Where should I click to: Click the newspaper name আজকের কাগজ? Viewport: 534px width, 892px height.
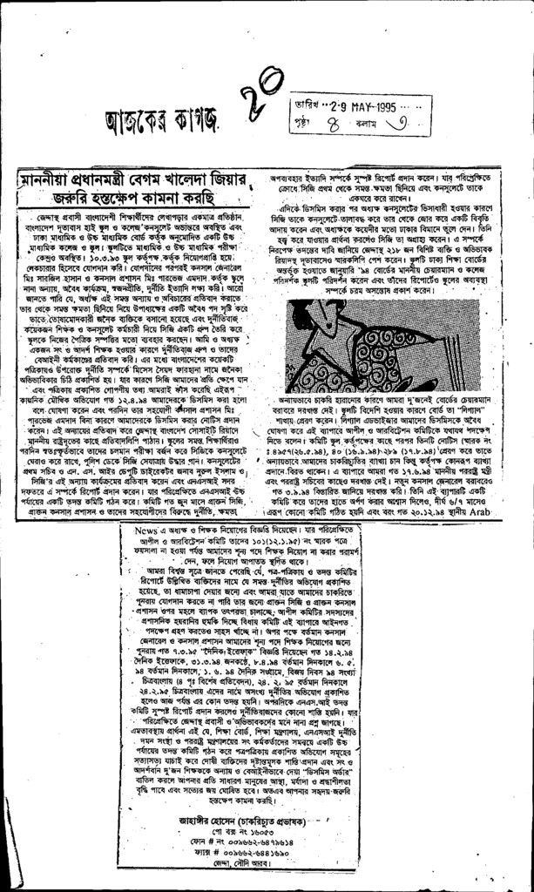pyautogui.click(x=163, y=118)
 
